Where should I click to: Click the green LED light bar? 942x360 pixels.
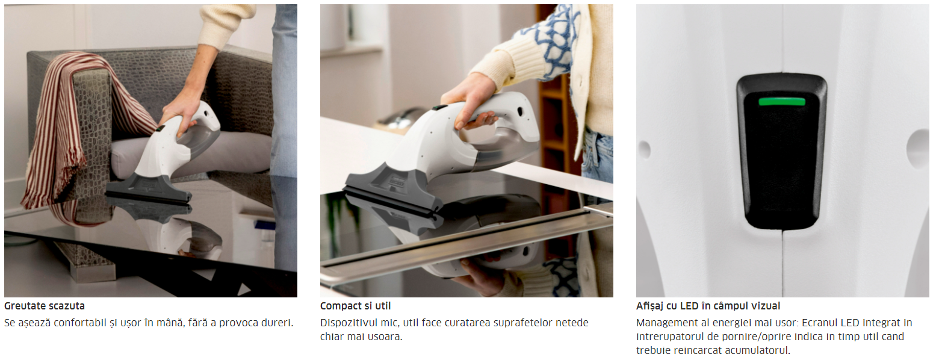(x=782, y=101)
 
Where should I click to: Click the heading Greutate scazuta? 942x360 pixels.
(x=45, y=306)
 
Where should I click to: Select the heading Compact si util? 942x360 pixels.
(x=355, y=306)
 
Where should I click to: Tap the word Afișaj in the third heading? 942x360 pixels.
(x=650, y=306)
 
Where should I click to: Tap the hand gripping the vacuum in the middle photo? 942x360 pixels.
(x=471, y=101)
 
